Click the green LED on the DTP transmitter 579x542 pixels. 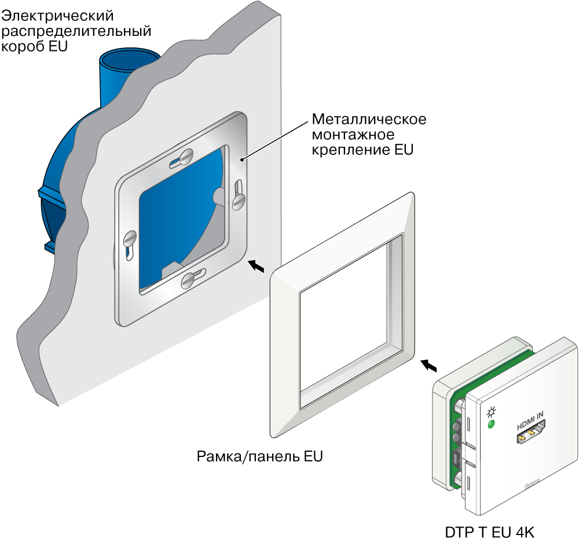pos(492,425)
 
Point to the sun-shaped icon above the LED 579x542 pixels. pos(492,412)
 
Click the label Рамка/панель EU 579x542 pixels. pos(259,457)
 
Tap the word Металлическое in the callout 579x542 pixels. pos(369,120)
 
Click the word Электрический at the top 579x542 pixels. pos(57,14)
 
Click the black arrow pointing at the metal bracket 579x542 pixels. pos(258,266)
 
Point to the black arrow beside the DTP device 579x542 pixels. pos(429,365)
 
